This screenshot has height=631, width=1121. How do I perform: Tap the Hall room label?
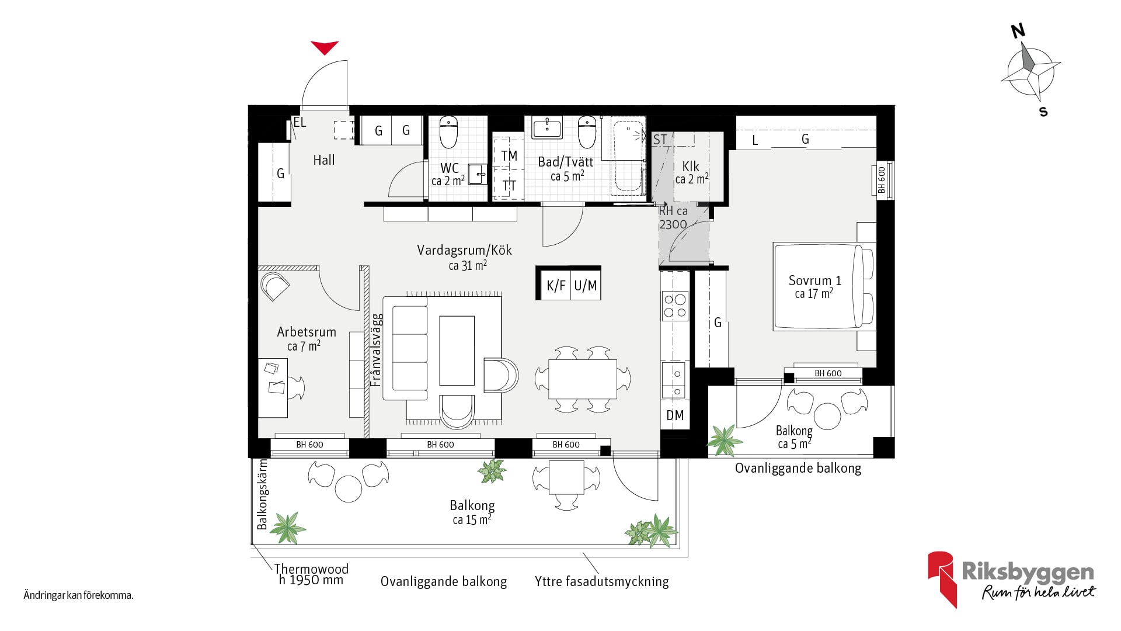click(x=324, y=160)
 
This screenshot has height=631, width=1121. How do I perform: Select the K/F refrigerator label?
click(x=556, y=286)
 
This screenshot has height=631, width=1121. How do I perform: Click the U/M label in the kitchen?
click(x=585, y=286)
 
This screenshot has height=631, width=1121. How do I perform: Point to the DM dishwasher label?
click(x=675, y=415)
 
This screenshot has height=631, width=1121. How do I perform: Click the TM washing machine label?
click(x=509, y=155)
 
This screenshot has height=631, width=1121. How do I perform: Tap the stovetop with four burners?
click(x=675, y=306)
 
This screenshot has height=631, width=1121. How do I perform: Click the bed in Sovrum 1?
click(x=824, y=287)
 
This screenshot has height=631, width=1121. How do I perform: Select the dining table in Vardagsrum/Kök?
click(x=583, y=379)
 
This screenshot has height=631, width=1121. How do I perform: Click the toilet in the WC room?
click(x=448, y=132)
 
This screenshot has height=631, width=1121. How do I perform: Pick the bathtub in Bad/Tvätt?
click(x=628, y=157)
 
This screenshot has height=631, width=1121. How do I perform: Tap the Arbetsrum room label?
click(x=307, y=332)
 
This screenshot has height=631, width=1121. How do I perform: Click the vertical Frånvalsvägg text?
click(x=377, y=351)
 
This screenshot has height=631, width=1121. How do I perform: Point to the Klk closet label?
click(x=691, y=167)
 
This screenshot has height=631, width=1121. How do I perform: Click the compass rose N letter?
click(x=1018, y=30)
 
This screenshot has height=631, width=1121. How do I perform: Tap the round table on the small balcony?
click(x=827, y=416)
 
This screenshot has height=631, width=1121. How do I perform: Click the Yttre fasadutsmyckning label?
click(x=602, y=581)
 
